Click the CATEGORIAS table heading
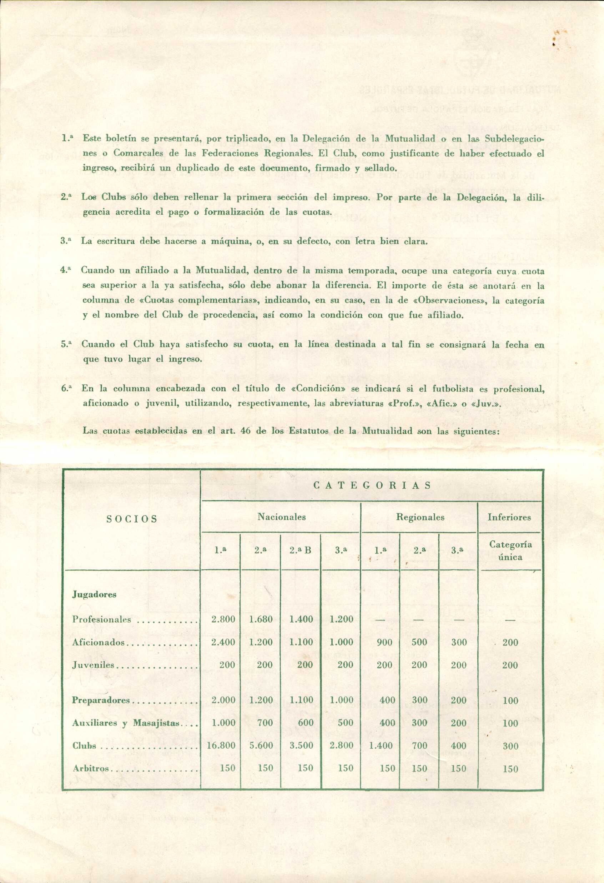click(x=372, y=485)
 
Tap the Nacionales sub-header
click(x=281, y=517)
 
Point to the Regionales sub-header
click(x=420, y=517)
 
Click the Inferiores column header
click(x=509, y=517)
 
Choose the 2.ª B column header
click(x=300, y=550)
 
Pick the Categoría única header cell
click(x=510, y=550)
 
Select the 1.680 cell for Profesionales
click(x=261, y=619)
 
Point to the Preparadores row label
click(x=101, y=700)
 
